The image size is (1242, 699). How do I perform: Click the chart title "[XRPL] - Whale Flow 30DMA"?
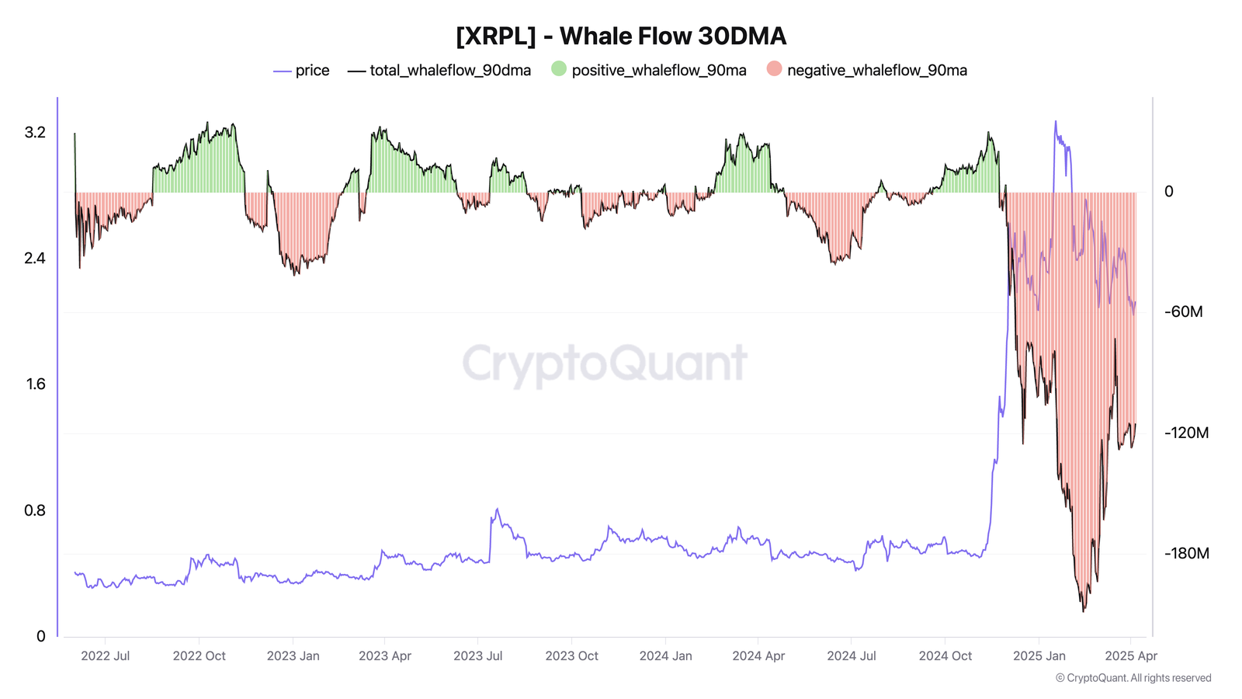click(x=621, y=37)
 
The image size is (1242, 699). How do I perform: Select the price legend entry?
click(x=302, y=71)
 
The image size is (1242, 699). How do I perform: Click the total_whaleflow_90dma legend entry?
click(x=440, y=71)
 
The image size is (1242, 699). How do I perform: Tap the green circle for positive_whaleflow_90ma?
click(x=559, y=69)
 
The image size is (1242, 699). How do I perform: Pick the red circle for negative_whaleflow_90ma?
click(x=774, y=69)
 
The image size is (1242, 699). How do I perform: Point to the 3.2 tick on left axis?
click(x=36, y=133)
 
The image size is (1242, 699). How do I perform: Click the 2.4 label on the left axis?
click(x=36, y=259)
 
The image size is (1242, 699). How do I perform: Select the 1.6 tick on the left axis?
click(x=36, y=384)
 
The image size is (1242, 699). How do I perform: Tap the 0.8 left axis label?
click(x=36, y=510)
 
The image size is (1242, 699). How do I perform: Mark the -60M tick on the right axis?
click(x=1183, y=312)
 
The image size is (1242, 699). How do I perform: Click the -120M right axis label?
click(x=1186, y=433)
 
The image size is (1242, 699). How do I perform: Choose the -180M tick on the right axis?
click(x=1186, y=554)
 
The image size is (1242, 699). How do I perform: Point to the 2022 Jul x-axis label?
click(x=106, y=656)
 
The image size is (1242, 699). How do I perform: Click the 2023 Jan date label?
click(x=293, y=656)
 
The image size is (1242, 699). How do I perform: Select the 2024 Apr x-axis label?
click(x=758, y=656)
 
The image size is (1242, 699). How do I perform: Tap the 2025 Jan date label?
click(x=1039, y=656)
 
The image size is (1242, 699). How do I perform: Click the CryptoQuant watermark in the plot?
click(x=605, y=363)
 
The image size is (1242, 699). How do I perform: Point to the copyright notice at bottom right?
click(x=1133, y=678)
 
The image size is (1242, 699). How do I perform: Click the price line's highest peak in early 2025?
click(x=1055, y=122)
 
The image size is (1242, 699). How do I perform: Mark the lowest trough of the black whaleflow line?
click(x=1084, y=611)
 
